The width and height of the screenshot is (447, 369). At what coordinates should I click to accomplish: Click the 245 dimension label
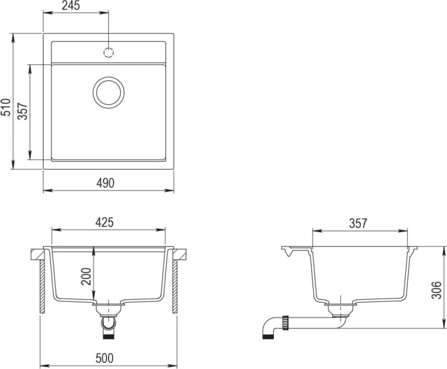pos(71,6)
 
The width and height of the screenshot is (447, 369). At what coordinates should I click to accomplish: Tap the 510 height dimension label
pos(6,107)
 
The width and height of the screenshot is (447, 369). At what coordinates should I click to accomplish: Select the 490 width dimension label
pos(105,183)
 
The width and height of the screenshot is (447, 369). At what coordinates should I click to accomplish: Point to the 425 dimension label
pos(104,223)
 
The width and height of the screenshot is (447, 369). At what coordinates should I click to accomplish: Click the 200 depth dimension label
pos(86,276)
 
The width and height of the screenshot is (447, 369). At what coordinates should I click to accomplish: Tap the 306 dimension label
pos(436,290)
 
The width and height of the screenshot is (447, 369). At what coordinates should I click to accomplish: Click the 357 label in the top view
pos(23,111)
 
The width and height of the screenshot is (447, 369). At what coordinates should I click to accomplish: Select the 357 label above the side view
pos(358,224)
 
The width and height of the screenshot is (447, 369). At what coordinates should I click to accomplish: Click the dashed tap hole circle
pos(108,53)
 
